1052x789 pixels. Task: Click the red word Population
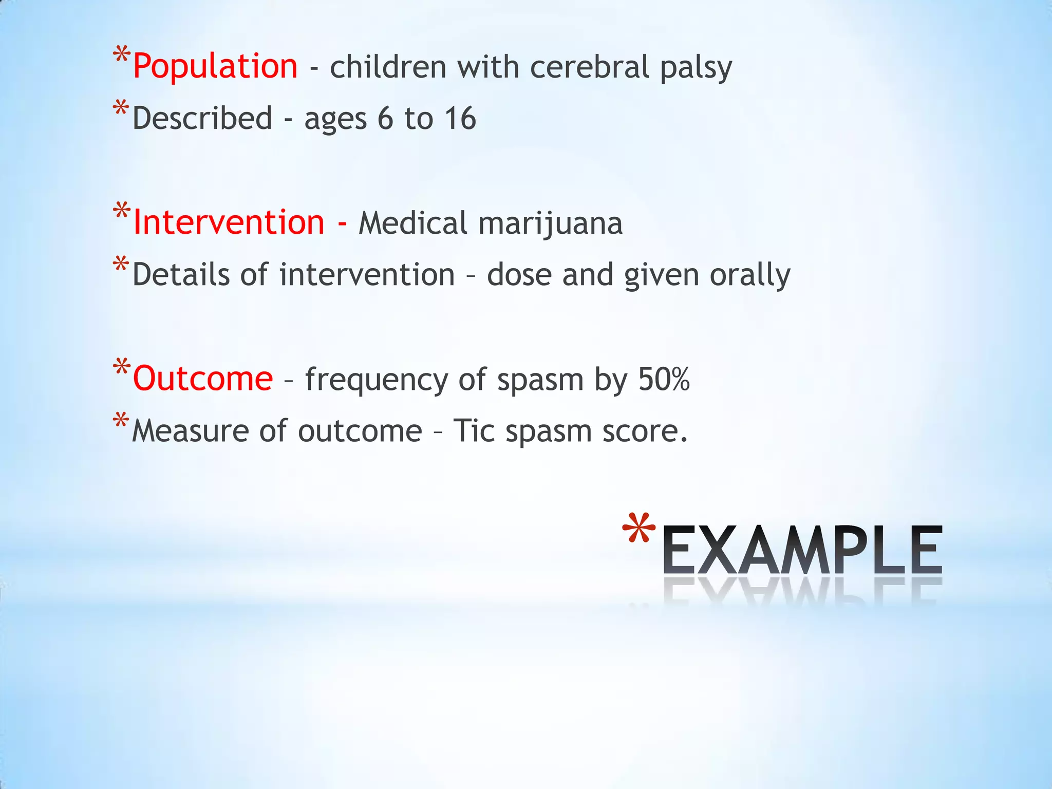tap(215, 67)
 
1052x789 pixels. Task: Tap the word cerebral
tap(590, 68)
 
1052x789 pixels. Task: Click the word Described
tap(202, 119)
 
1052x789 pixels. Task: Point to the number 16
tap(460, 119)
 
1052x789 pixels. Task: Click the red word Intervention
tap(229, 223)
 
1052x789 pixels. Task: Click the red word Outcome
tap(203, 379)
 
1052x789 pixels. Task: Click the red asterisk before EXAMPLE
tap(638, 529)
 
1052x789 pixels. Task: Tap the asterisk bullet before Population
tap(121, 55)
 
